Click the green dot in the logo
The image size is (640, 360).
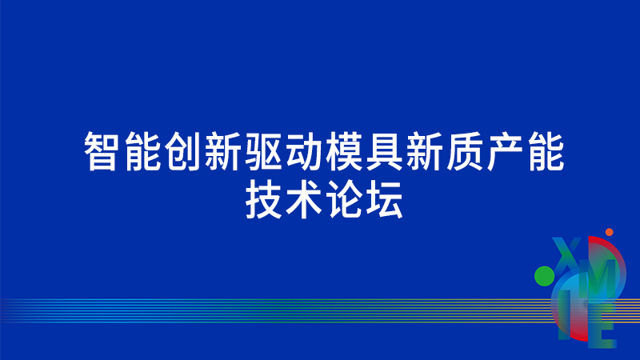point(545,276)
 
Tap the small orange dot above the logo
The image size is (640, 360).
point(610,232)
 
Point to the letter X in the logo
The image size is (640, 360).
point(566,254)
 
